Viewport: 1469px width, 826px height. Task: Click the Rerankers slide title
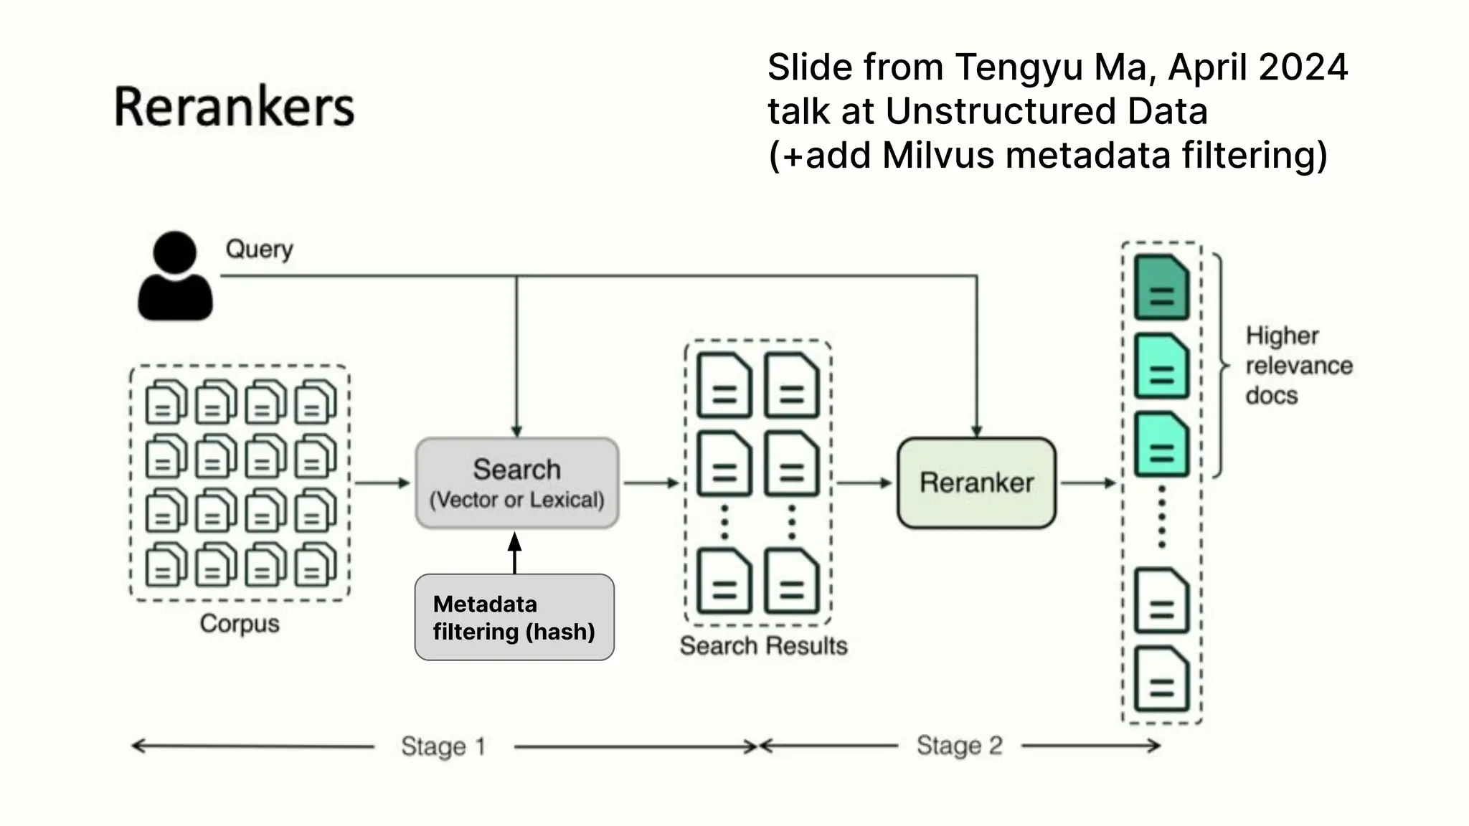(234, 108)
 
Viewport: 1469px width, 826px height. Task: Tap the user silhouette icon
(175, 277)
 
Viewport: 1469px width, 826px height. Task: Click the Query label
(259, 250)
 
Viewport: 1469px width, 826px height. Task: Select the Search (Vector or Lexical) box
(517, 483)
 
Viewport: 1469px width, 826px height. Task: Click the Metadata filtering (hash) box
(514, 617)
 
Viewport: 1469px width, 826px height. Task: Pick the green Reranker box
(976, 483)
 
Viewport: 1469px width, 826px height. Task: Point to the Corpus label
(240, 623)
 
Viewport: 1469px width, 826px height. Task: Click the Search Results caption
(763, 646)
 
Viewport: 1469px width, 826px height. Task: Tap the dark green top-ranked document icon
(1161, 288)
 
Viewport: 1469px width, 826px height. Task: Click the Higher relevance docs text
(1298, 366)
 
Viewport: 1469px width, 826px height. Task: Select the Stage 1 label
(443, 746)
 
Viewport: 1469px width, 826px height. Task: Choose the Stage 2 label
(959, 746)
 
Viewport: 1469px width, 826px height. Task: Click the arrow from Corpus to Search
(382, 483)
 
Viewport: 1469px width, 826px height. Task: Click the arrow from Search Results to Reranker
(864, 483)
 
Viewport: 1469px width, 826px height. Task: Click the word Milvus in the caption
(938, 155)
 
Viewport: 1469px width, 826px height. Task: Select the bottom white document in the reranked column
(1161, 680)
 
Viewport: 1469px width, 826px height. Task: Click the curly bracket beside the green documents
(1220, 366)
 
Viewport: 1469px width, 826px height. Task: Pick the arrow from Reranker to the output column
(1088, 483)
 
